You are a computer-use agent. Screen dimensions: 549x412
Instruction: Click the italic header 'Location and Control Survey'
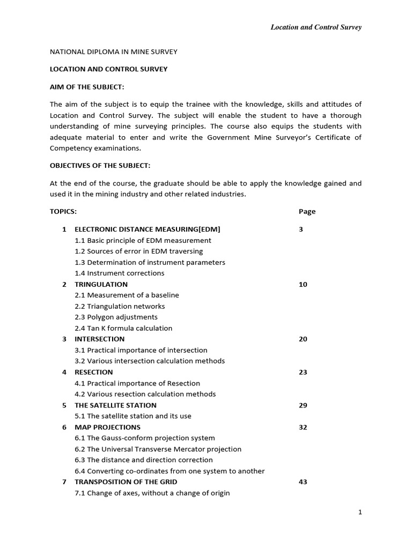point(315,27)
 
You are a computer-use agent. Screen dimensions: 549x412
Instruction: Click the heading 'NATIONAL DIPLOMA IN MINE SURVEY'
point(113,51)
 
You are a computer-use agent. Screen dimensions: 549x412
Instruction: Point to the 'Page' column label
point(307,211)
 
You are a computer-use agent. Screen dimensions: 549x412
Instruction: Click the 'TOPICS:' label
point(63,211)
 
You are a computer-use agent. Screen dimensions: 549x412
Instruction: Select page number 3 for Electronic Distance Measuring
point(301,229)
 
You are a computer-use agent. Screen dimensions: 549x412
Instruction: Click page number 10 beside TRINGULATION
point(303,284)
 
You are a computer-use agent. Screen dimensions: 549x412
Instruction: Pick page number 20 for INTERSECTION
point(303,339)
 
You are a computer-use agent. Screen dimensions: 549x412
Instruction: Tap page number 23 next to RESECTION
point(303,372)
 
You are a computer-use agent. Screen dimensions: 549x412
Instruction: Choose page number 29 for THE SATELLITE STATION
point(303,405)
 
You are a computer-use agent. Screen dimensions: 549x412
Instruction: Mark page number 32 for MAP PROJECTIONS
point(303,427)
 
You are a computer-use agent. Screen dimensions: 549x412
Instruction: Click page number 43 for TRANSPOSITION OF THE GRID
point(303,482)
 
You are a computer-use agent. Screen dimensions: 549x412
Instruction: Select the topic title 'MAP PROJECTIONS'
point(107,427)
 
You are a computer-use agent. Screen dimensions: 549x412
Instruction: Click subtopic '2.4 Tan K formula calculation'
point(123,328)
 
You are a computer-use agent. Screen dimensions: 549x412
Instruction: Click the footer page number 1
point(360,513)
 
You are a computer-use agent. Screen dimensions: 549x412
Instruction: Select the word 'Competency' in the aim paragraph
point(70,149)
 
